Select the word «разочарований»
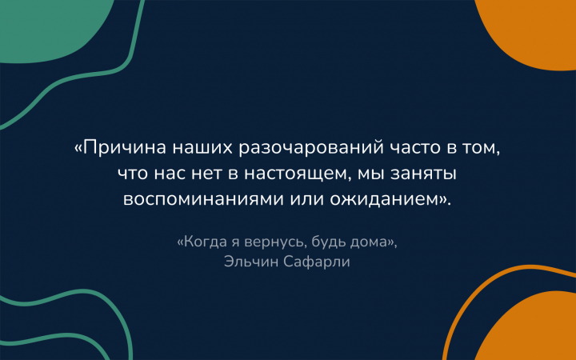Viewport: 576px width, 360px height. (x=311, y=149)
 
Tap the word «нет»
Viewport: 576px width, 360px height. (x=206, y=174)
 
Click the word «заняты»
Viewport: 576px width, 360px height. (x=423, y=174)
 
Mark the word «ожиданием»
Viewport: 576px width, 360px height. (x=385, y=199)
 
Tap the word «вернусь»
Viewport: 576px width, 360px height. (x=274, y=243)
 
